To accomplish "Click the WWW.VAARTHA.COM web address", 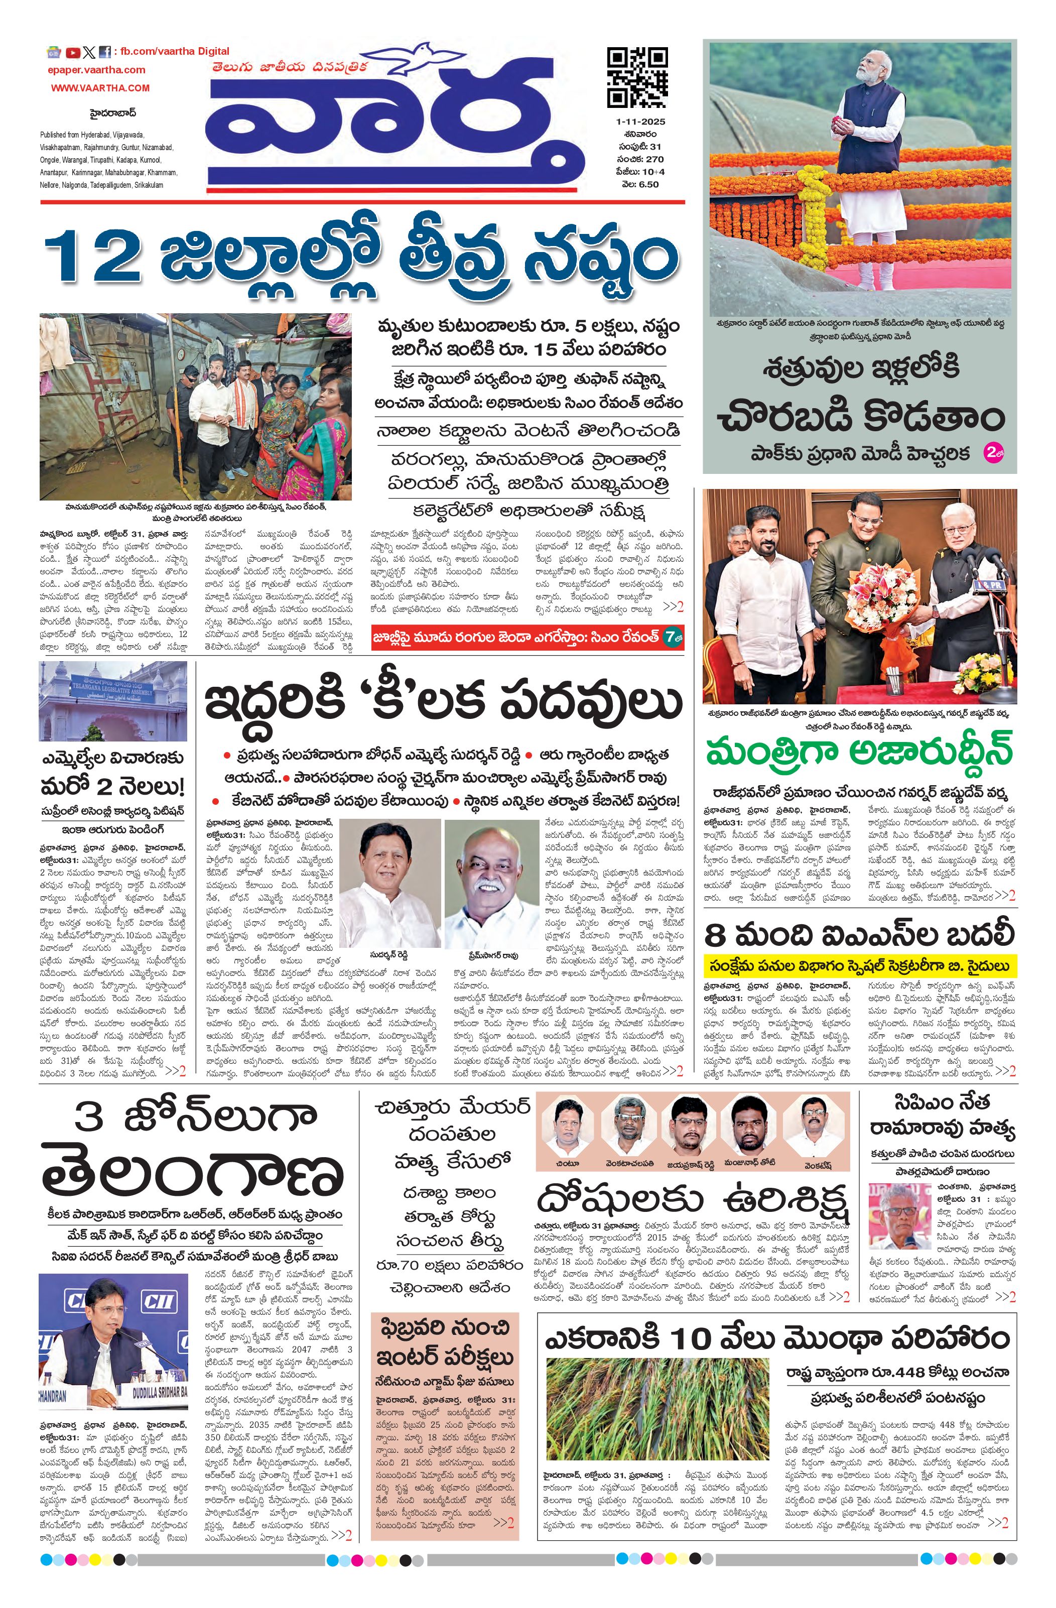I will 100,88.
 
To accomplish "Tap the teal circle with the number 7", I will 671,637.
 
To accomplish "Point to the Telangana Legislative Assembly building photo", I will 113,701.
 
